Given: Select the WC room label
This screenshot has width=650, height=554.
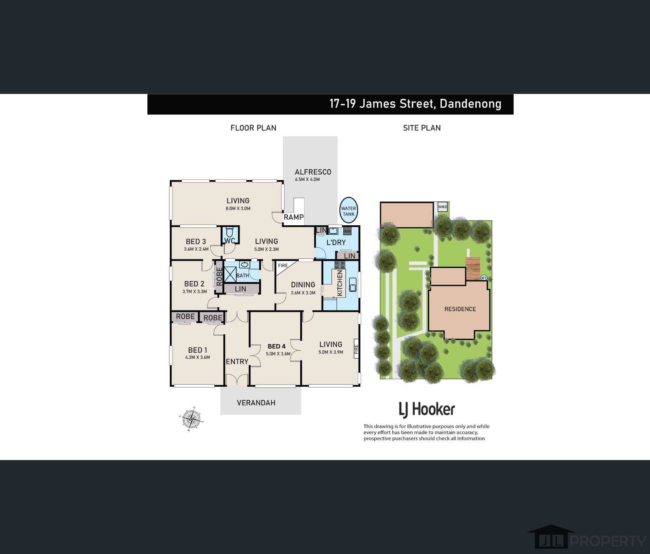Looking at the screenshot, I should pos(229,241).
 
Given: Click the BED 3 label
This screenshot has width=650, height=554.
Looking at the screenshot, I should pos(196,242).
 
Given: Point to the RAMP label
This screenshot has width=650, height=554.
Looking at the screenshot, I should pos(294,217).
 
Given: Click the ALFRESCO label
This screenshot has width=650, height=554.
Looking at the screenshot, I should pos(313,172).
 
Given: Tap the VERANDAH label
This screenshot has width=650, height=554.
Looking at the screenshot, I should pos(256,403).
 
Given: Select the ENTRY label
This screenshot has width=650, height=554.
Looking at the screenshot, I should pos(237,361).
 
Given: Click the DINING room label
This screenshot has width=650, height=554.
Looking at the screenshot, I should pos(303,285).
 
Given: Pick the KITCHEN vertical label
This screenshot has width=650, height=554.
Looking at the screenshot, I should pos(340,283).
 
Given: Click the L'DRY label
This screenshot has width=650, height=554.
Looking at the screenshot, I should pos(336,242).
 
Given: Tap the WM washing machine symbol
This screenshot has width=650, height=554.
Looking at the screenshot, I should pos(347,231).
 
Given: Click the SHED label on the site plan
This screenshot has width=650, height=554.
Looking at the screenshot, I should pos(442,207).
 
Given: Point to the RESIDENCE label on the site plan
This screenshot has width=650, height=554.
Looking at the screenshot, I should pos(460,309).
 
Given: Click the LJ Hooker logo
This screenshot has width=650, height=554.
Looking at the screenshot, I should pos(427,409).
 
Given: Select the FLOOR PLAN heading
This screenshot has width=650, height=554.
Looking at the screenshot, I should pos(253,128).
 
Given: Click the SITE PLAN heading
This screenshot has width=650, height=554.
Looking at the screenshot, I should pos(422,128).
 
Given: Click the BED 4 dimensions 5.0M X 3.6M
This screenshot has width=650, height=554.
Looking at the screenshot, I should pos(278,354).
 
